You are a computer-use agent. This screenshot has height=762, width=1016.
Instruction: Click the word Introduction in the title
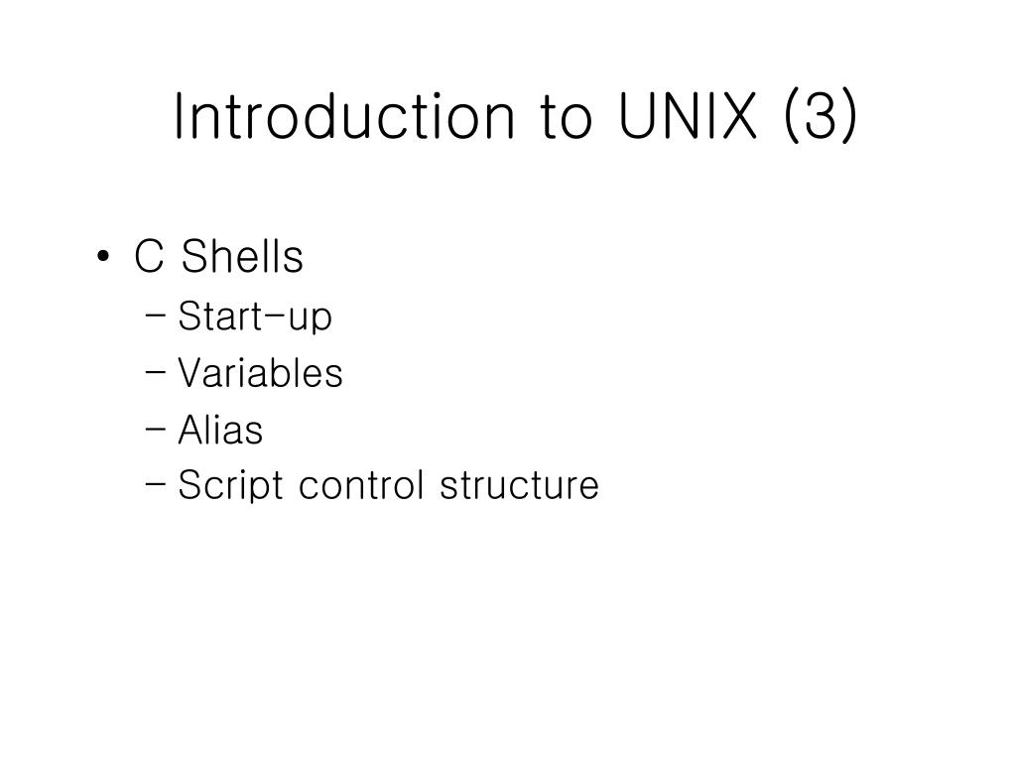point(342,117)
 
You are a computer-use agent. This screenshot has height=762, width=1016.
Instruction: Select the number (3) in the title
point(820,117)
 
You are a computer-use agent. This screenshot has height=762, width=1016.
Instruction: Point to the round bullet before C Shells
point(105,259)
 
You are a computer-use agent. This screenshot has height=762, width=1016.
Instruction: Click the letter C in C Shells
point(148,258)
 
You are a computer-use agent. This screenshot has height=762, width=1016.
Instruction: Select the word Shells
point(243,258)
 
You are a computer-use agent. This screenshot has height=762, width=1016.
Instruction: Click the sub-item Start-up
point(255,317)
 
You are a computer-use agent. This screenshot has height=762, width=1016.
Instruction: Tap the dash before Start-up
point(156,318)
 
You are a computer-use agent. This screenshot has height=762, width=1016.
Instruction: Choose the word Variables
point(260,374)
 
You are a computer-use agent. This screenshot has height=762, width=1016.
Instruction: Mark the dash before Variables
point(156,375)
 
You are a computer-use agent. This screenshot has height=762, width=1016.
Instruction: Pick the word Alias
point(220,431)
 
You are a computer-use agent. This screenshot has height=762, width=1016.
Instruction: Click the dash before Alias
point(156,432)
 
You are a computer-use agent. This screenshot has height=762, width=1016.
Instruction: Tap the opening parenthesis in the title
point(791,117)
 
